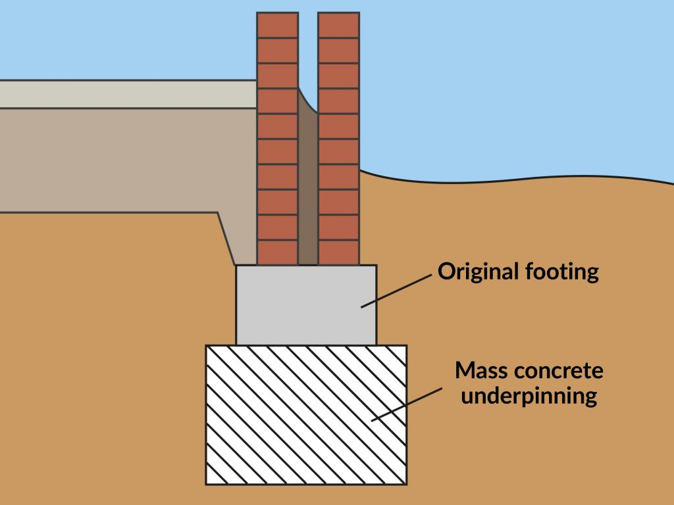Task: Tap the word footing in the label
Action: (x=563, y=271)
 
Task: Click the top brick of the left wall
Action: (x=277, y=25)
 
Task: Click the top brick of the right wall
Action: (x=338, y=25)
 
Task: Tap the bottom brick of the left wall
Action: (x=277, y=252)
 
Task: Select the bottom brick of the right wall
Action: (x=338, y=252)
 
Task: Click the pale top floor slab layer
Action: (x=125, y=94)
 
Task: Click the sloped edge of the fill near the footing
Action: (x=226, y=238)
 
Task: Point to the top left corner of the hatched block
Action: (x=206, y=346)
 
